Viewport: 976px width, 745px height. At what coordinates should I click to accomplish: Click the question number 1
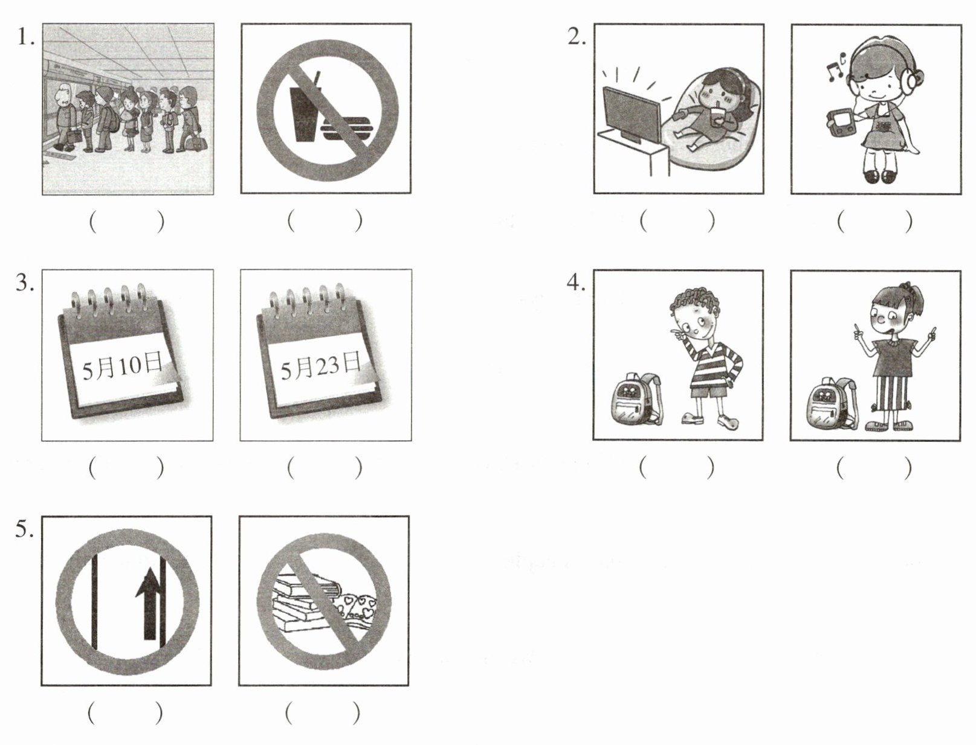[x=25, y=37]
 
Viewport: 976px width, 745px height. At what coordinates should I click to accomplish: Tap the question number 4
[x=577, y=283]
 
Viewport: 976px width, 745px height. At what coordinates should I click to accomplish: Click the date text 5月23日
[x=321, y=367]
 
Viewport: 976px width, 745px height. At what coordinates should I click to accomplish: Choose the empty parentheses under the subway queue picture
[x=127, y=221]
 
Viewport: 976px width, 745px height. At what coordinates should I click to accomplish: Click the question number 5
[x=25, y=529]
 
